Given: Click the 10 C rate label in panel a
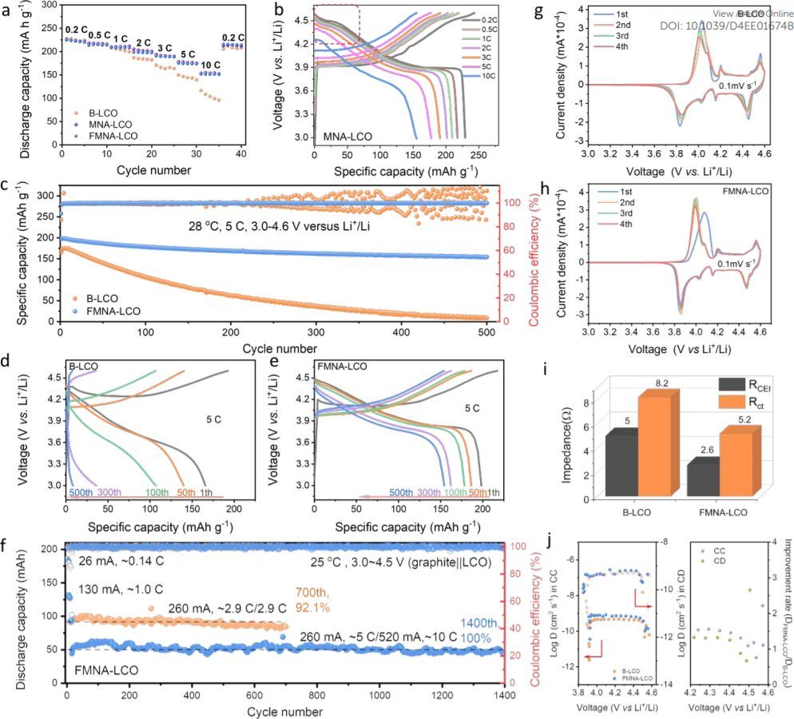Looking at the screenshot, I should (211, 64).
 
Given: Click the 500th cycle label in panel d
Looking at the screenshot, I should (81, 494).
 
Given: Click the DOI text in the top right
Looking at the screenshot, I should (727, 26).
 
